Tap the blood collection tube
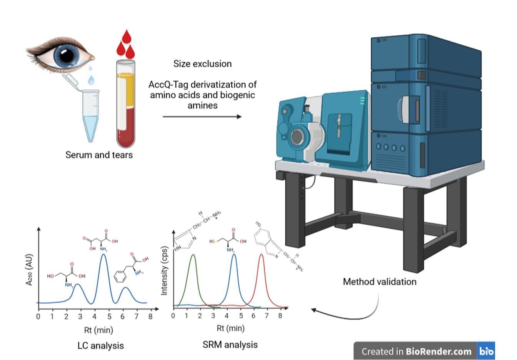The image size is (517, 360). pyautogui.click(x=126, y=104)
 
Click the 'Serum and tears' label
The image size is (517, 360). pyautogui.click(x=99, y=155)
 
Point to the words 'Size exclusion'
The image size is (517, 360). pyautogui.click(x=202, y=64)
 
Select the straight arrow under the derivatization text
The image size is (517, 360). pyautogui.click(x=202, y=117)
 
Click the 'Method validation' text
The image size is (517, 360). pyautogui.click(x=379, y=282)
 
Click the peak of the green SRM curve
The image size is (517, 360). pyautogui.click(x=193, y=255)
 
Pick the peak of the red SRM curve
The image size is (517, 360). pyautogui.click(x=262, y=255)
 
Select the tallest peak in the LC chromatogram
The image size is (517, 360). pyautogui.click(x=103, y=254)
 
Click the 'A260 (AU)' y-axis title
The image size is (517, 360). pyautogui.click(x=29, y=270)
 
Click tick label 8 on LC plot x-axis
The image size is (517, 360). pyautogui.click(x=150, y=317)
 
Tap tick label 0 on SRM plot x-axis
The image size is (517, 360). pyautogui.click(x=173, y=316)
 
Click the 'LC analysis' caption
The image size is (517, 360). pyautogui.click(x=100, y=345)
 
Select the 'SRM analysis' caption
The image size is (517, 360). pyautogui.click(x=230, y=345)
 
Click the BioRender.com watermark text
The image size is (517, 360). pyautogui.click(x=438, y=351)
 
